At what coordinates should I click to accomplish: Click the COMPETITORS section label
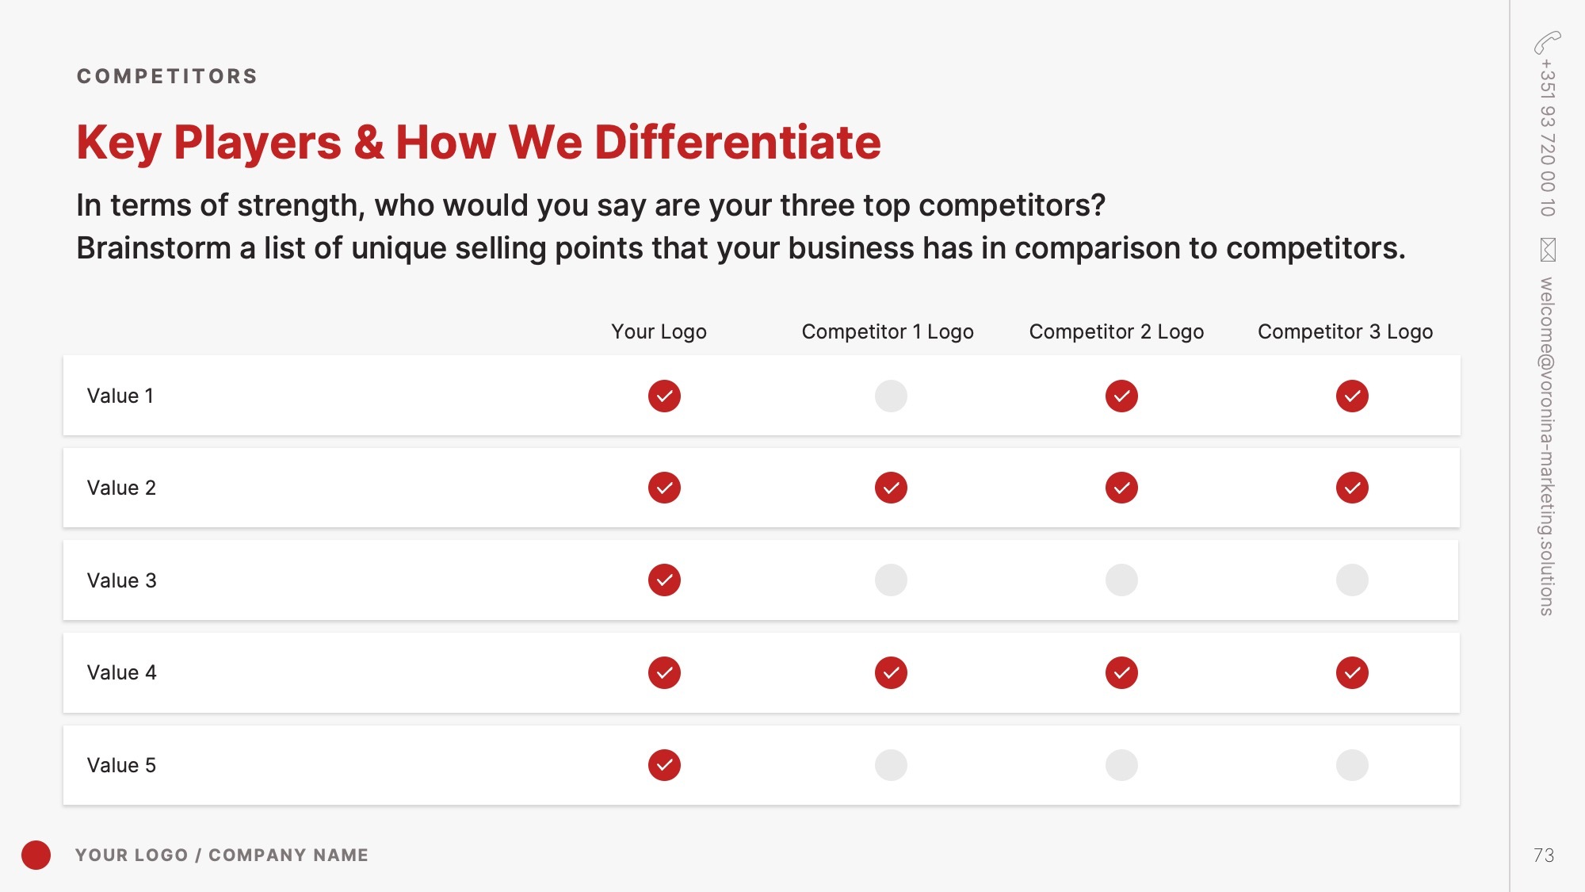click(167, 76)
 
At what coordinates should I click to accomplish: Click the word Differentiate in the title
click(738, 143)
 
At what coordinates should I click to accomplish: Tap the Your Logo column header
click(659, 331)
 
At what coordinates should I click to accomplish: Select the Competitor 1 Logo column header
click(888, 331)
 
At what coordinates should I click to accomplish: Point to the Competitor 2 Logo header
click(1117, 331)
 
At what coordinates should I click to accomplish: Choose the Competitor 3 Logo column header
click(1345, 331)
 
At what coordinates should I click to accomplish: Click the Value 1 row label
click(120, 396)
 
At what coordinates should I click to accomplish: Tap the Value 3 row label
click(122, 580)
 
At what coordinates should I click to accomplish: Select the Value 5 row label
click(121, 765)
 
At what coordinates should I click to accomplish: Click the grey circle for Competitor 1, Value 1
click(891, 396)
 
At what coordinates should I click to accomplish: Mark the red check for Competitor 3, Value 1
click(1352, 396)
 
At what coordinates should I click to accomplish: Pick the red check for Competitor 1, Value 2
click(891, 488)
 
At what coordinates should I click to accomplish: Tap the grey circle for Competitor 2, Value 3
click(1121, 580)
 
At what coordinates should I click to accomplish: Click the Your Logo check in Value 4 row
click(664, 672)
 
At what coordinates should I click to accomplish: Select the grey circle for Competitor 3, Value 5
click(1352, 765)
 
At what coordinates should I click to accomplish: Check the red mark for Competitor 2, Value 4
click(1121, 672)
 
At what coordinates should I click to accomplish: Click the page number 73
click(1544, 855)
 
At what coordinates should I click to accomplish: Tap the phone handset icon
click(1547, 42)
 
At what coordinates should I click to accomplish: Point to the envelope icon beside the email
click(1548, 250)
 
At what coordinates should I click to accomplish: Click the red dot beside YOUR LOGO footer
click(36, 855)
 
